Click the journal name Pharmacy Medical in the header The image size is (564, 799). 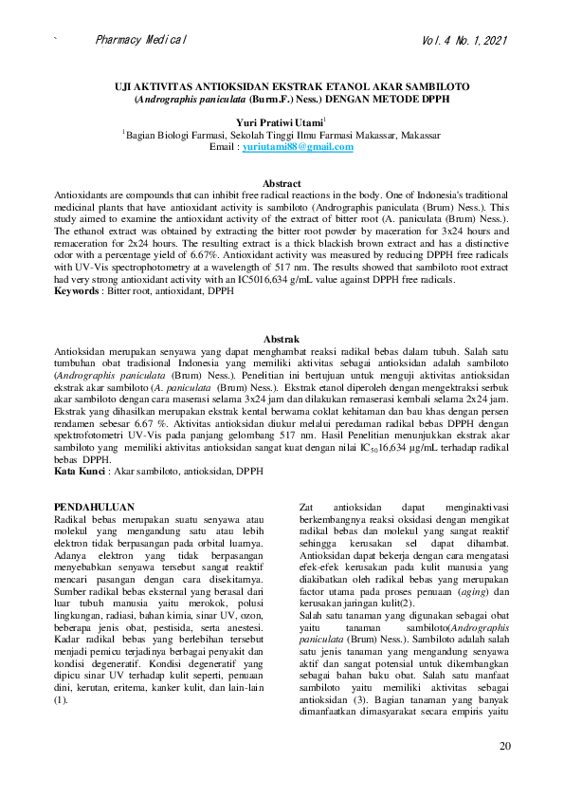point(141,41)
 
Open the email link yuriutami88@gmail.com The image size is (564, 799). point(298,148)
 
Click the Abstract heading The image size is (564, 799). point(282,183)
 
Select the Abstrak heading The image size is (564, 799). point(282,339)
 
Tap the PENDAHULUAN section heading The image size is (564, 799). point(95,508)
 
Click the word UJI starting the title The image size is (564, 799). point(122,84)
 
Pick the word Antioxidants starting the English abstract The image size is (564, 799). point(82,195)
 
